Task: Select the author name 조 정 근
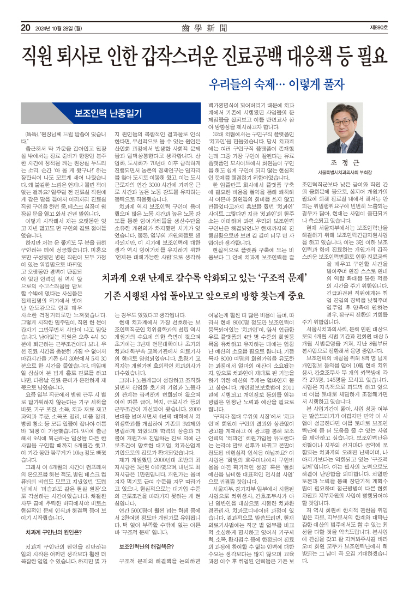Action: point(350,162)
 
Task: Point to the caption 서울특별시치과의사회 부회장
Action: point(350,173)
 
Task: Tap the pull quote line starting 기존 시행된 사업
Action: point(203,296)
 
